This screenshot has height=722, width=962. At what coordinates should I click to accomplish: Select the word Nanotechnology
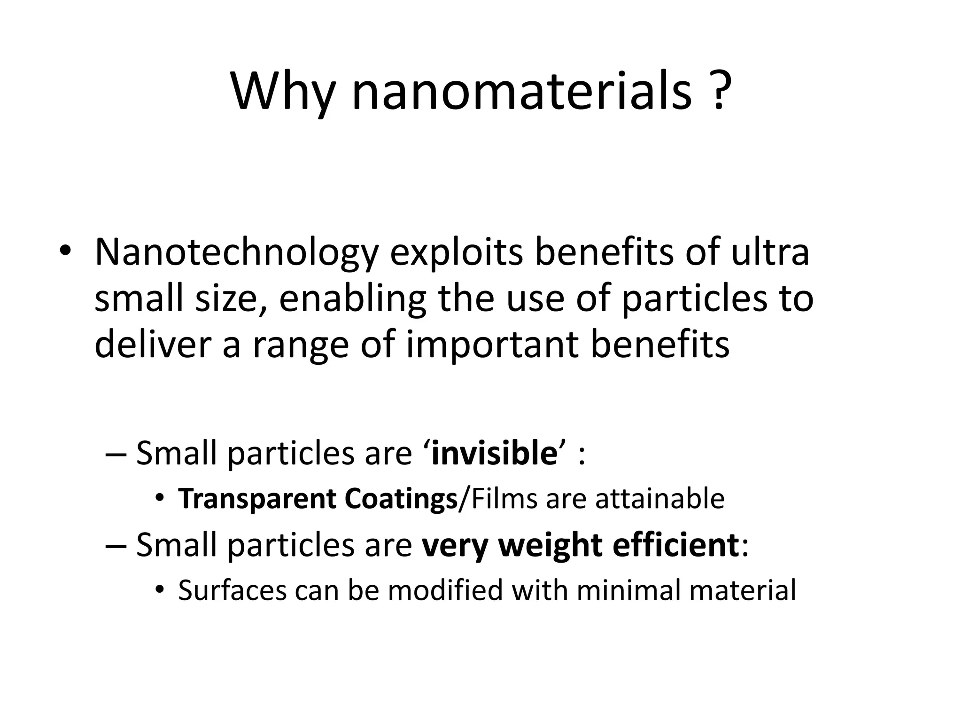[x=236, y=252]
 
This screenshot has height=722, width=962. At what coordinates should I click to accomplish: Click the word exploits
[x=456, y=252]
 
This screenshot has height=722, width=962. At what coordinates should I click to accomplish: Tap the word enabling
[x=352, y=299]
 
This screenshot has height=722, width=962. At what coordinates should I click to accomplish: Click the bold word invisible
[x=494, y=454]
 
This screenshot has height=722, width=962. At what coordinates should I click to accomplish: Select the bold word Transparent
[x=257, y=499]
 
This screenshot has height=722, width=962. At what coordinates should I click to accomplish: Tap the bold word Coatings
[x=401, y=500]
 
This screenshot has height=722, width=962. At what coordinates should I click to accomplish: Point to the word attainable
[x=659, y=499]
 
